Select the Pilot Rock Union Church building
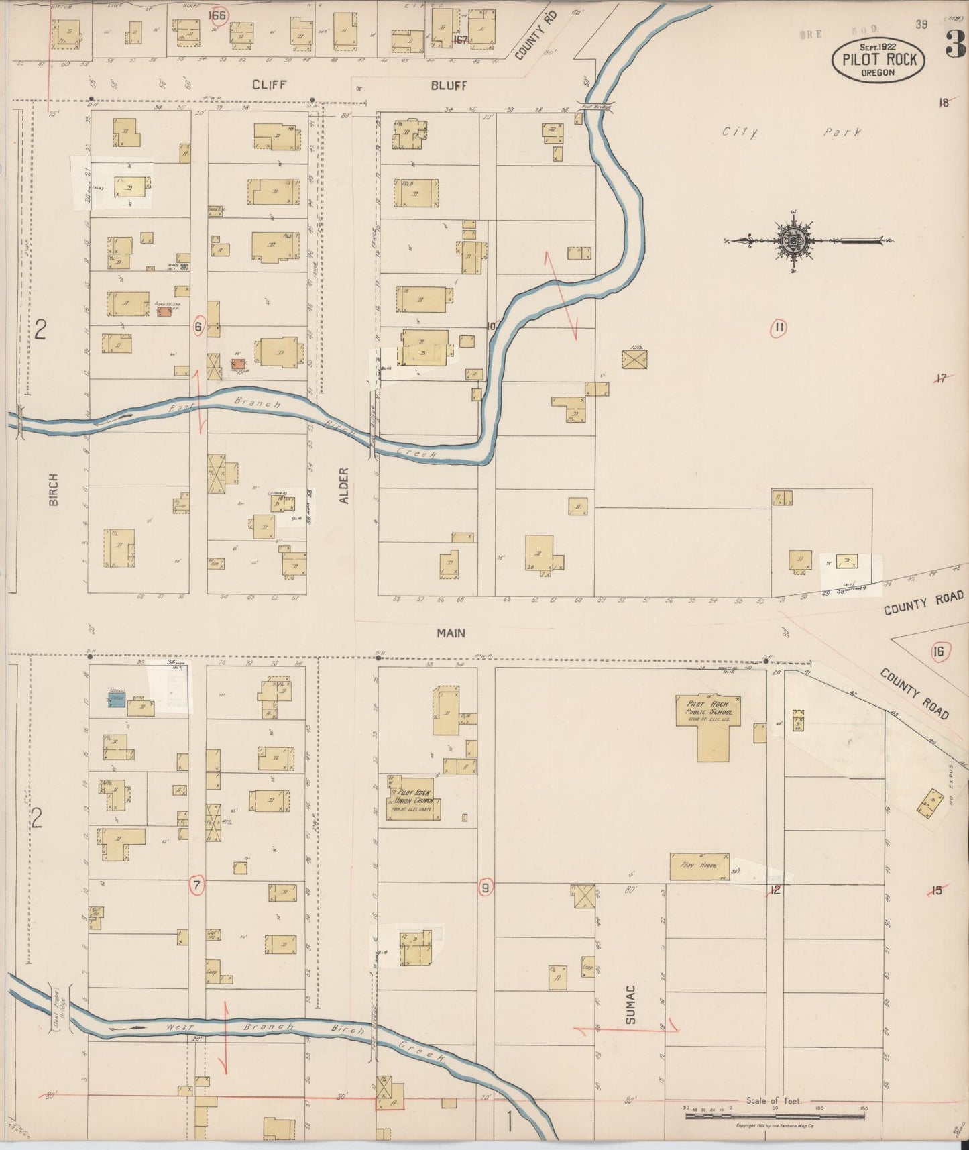[x=410, y=798]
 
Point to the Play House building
[x=699, y=866]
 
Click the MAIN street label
[x=451, y=633]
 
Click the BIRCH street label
[x=54, y=490]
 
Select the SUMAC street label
[x=630, y=1004]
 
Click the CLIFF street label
[x=270, y=85]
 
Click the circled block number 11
[x=778, y=328]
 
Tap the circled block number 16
[x=938, y=651]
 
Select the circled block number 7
[x=196, y=886]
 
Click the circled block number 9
[x=486, y=888]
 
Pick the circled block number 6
[x=198, y=327]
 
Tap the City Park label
[x=791, y=132]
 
